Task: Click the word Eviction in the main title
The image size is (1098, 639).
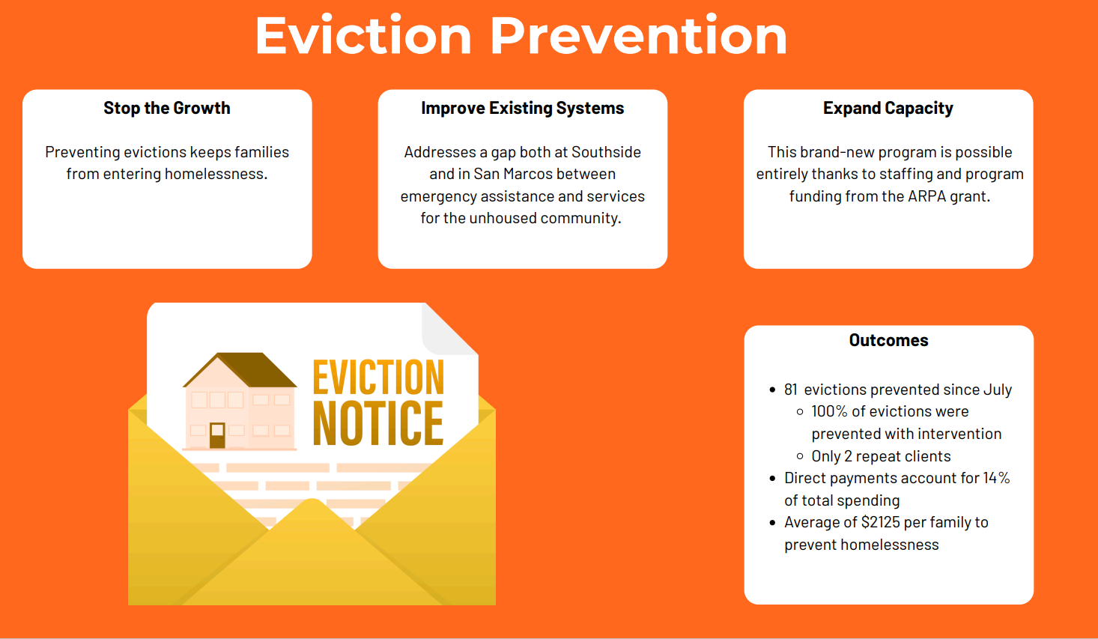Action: pyautogui.click(x=363, y=35)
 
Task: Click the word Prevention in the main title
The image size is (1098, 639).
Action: pyautogui.click(x=639, y=35)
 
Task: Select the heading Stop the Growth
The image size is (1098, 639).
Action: pyautogui.click(x=167, y=108)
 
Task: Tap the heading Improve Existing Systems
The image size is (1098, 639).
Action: pyautogui.click(x=523, y=108)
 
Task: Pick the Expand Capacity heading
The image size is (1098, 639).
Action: pyautogui.click(x=888, y=108)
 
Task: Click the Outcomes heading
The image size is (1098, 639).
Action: pyautogui.click(x=889, y=340)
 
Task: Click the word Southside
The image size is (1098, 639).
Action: pyautogui.click(x=607, y=152)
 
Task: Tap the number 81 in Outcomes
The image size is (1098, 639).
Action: pyautogui.click(x=791, y=390)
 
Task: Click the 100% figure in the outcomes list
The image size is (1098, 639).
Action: pyautogui.click(x=829, y=411)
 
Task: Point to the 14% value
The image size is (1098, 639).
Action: pyautogui.click(x=997, y=478)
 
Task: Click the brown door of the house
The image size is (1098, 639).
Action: pyautogui.click(x=217, y=435)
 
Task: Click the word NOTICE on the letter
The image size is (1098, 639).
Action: pyautogui.click(x=378, y=423)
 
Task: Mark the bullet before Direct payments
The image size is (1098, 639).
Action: pyautogui.click(x=772, y=478)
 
